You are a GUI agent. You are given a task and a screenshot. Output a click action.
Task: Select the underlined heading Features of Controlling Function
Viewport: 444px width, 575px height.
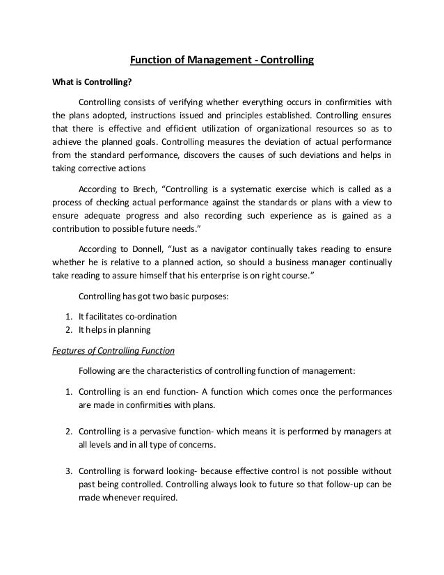pos(114,350)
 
